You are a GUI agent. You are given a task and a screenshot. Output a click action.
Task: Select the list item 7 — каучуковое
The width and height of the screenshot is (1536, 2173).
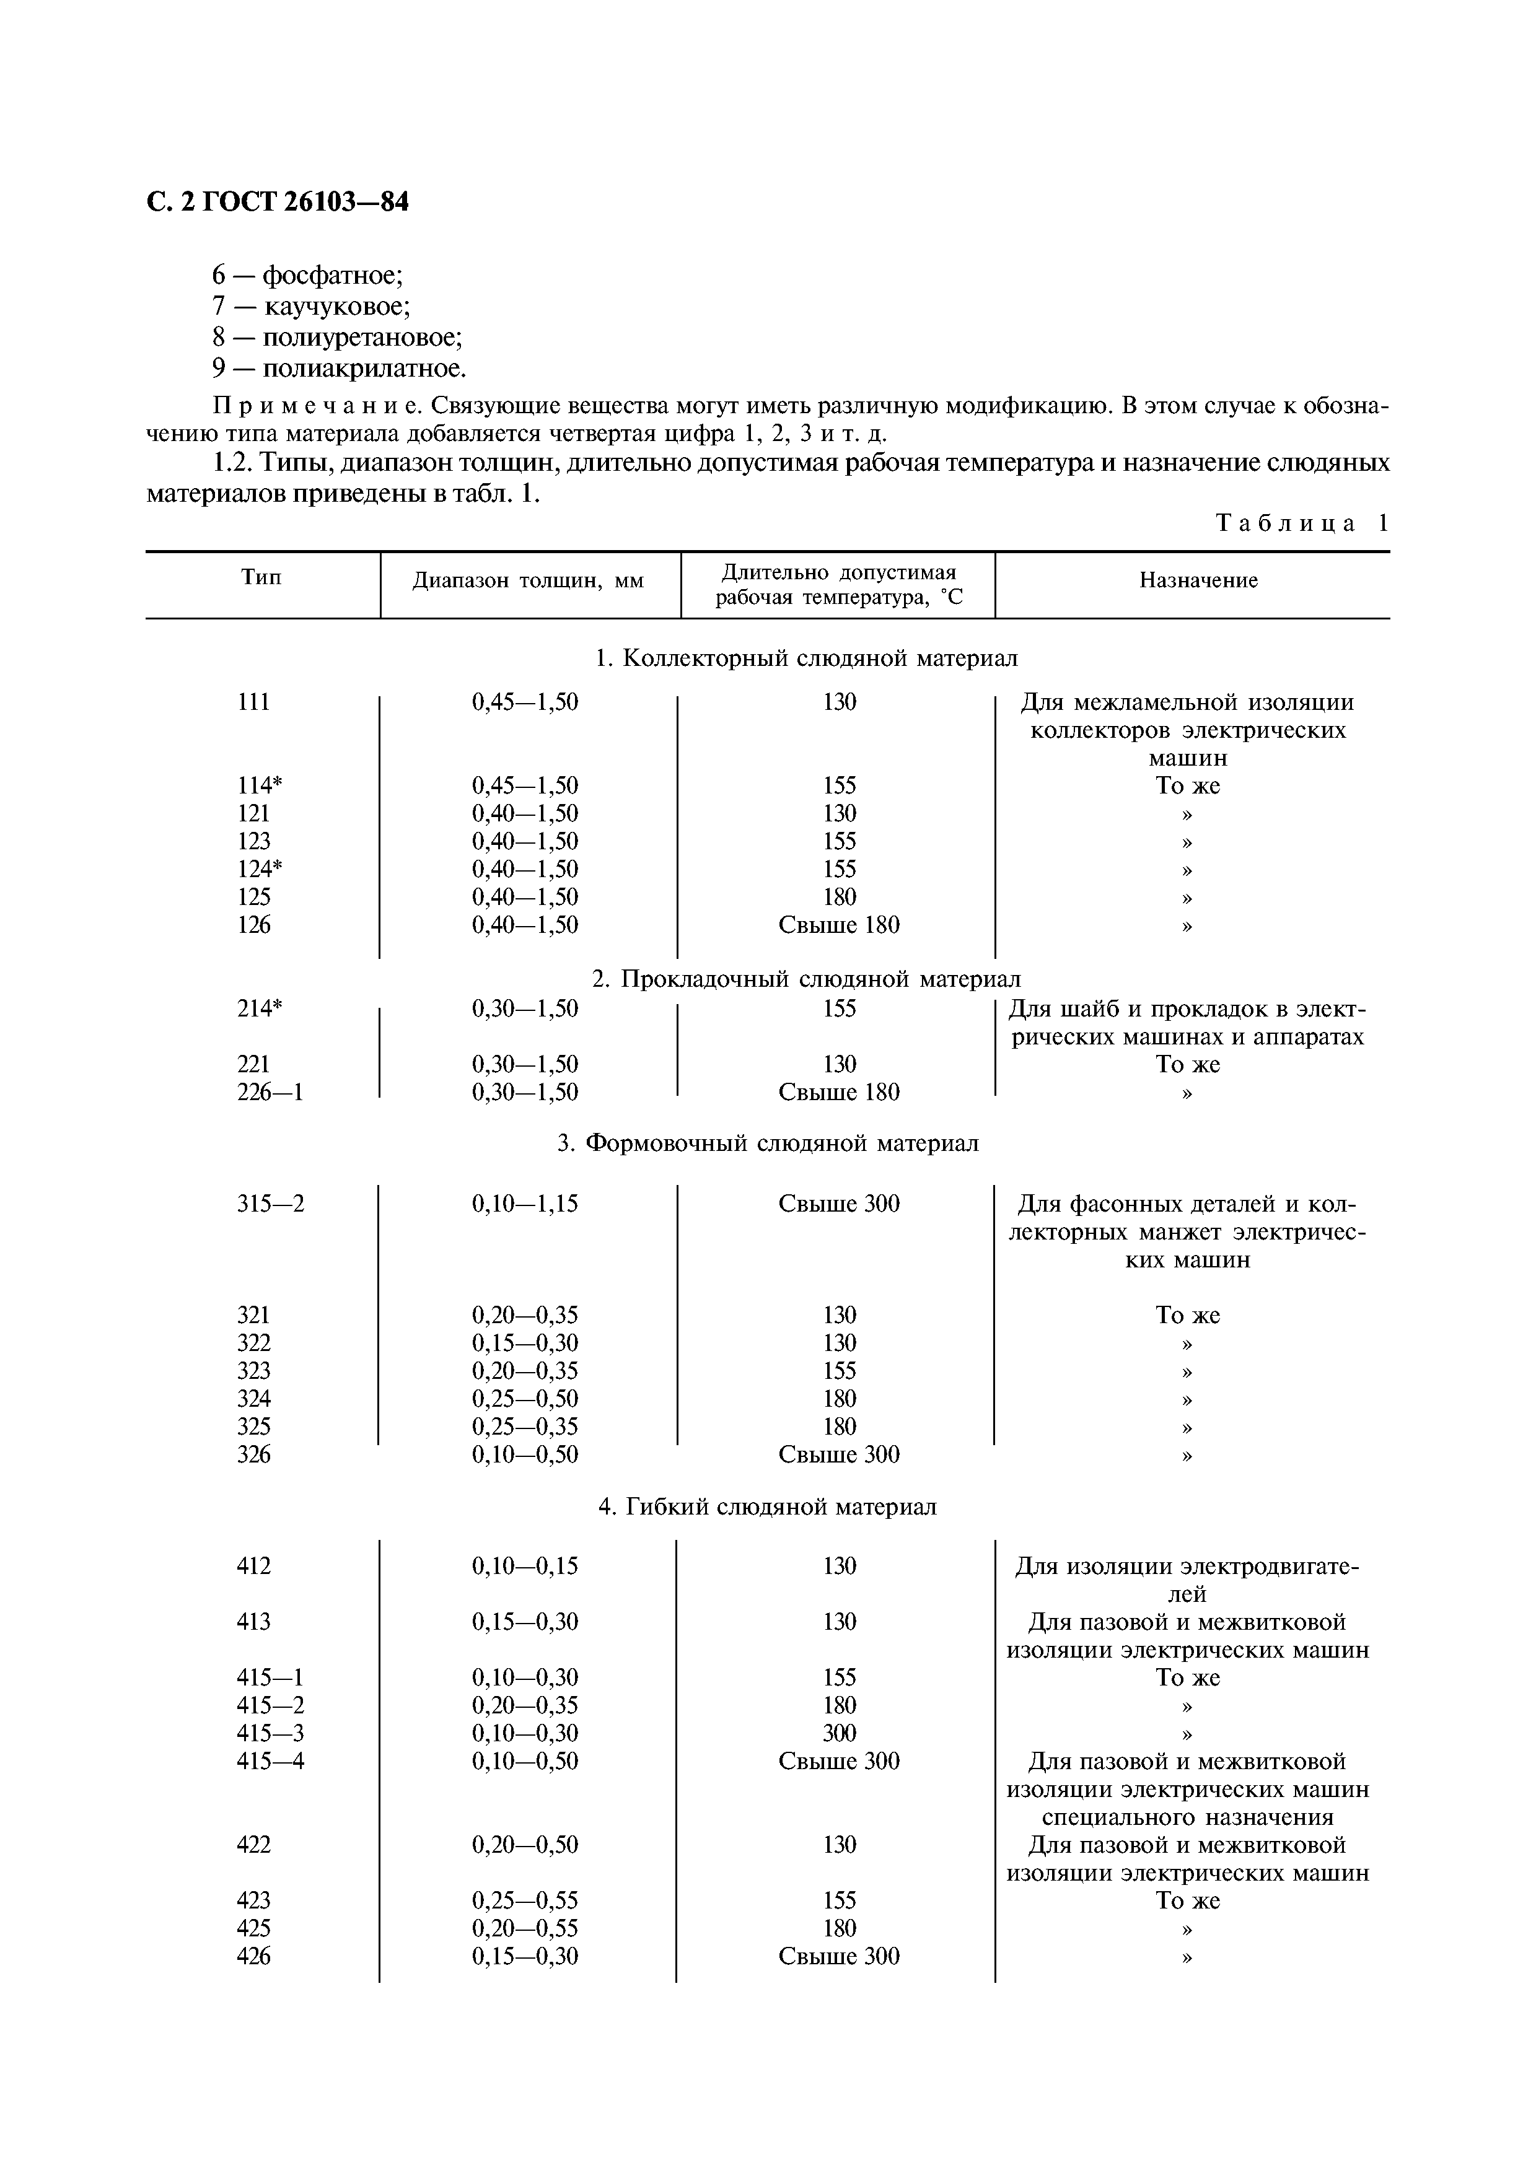point(312,307)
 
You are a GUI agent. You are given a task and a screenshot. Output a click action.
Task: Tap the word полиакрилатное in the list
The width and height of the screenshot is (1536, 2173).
point(364,368)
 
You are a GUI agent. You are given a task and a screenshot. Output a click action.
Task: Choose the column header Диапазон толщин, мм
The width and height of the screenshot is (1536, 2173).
point(528,581)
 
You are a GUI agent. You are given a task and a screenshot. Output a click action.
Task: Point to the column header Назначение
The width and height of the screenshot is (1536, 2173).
point(1198,580)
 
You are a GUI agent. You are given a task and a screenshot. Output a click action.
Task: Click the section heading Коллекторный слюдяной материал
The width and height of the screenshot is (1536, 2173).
point(806,658)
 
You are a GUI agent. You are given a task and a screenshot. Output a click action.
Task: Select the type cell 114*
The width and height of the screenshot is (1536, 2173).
point(260,785)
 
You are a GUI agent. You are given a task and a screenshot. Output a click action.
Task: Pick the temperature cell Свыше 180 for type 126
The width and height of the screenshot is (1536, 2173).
point(838,925)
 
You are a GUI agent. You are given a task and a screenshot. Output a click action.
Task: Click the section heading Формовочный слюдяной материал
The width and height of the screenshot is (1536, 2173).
point(768,1143)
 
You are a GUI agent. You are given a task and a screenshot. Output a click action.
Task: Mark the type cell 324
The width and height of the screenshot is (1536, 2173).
point(253,1399)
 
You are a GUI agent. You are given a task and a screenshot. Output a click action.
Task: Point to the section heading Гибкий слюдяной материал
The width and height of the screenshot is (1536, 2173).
point(768,1506)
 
